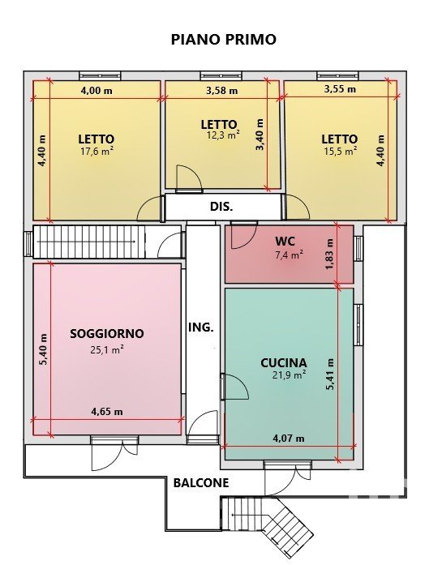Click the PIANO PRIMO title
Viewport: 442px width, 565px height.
pos(224,39)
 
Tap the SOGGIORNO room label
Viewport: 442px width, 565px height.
pos(107,334)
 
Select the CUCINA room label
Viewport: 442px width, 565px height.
pos(284,363)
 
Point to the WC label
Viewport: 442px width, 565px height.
pos(285,241)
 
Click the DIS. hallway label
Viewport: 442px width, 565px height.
pos(221,207)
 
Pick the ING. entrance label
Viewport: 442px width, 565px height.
pos(201,327)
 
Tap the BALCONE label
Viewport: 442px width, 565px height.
pos(201,483)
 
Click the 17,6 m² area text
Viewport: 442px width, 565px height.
pos(97,151)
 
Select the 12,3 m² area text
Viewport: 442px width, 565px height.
pos(223,135)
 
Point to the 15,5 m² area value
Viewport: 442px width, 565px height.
pos(341,151)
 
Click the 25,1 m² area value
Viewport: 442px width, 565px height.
pos(107,349)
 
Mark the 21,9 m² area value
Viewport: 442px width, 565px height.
pos(290,375)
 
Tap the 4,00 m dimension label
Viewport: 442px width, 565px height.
pos(97,91)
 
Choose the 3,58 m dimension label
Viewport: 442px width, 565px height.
pos(221,91)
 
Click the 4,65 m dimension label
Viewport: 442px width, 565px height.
pos(107,412)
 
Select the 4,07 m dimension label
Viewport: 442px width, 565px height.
pos(289,439)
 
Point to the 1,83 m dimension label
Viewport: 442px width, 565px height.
pos(329,255)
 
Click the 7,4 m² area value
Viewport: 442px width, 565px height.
pos(289,255)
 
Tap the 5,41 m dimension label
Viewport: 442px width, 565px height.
pos(329,375)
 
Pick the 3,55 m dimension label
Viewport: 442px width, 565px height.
pos(340,88)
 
